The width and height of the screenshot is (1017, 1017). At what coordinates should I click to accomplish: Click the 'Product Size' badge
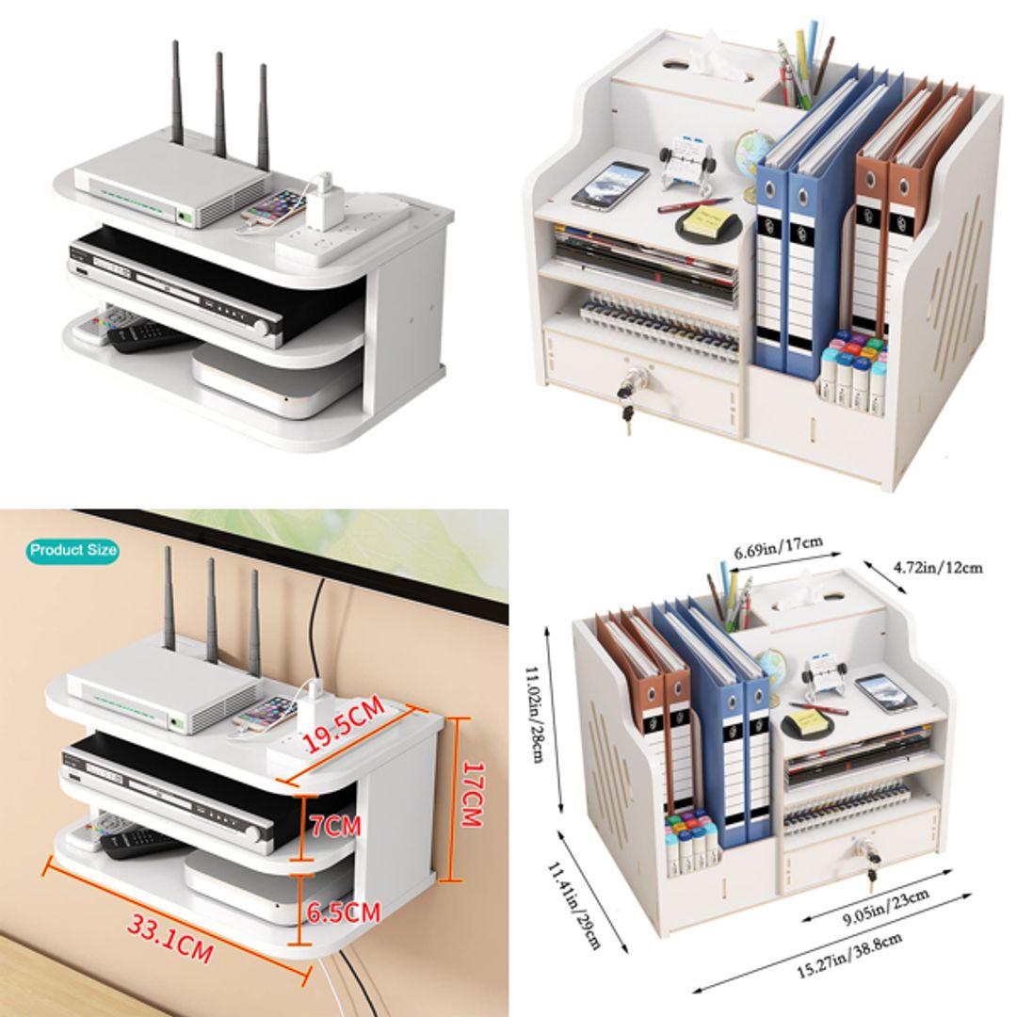click(73, 550)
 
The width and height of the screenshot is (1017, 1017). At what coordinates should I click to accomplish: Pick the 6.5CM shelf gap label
click(343, 912)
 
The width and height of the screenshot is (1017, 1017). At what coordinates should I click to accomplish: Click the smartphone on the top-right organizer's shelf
click(610, 185)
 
